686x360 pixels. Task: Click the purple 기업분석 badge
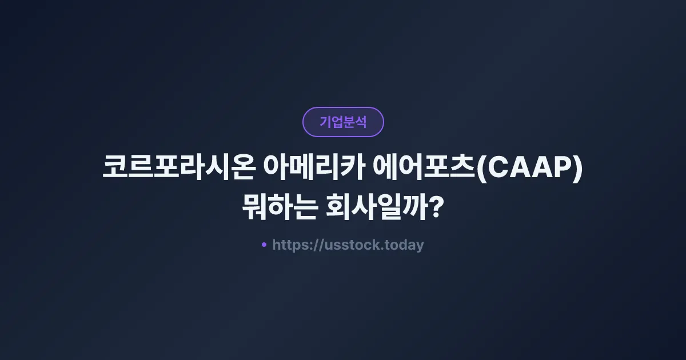pos(343,122)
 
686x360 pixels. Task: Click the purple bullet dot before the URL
pos(264,245)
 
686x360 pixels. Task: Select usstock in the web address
pos(354,245)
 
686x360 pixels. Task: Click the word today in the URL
pos(405,245)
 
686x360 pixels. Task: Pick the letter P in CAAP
pos(561,170)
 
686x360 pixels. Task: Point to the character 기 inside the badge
pos(325,122)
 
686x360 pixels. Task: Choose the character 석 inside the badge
pos(361,122)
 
